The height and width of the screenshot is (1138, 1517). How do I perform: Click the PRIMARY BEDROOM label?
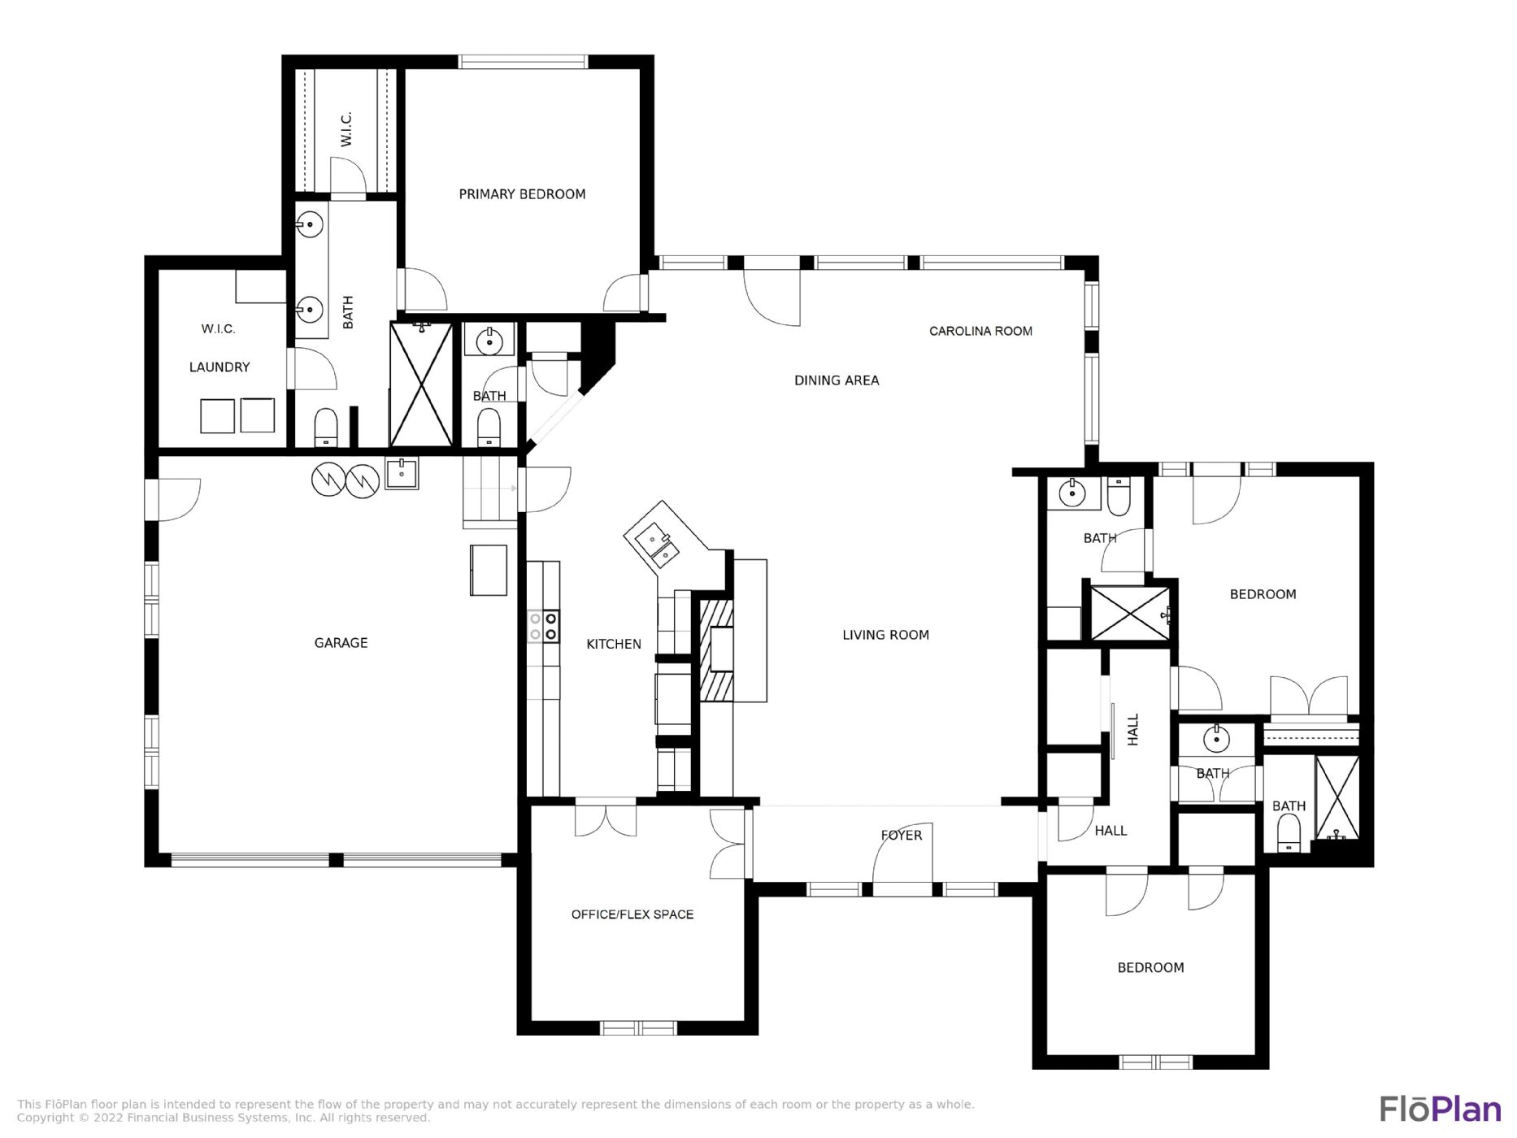click(522, 194)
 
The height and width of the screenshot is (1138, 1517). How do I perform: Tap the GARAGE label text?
click(341, 643)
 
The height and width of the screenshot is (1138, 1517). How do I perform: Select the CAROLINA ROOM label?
click(980, 331)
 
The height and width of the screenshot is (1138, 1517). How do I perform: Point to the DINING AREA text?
click(837, 380)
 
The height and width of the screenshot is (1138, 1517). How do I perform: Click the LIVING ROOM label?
click(885, 635)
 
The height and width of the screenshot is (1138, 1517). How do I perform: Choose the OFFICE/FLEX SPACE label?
click(632, 914)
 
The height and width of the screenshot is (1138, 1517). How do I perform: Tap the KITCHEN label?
click(614, 644)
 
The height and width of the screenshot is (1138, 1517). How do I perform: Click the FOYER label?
click(902, 835)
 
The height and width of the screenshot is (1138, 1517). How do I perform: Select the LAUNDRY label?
click(220, 367)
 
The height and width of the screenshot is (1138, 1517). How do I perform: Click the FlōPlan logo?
click(1440, 1109)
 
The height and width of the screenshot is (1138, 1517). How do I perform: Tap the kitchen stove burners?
click(543, 626)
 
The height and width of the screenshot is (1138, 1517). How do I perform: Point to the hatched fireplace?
click(716, 650)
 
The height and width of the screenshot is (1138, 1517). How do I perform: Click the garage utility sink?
click(402, 473)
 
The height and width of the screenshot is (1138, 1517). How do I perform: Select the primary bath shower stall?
click(421, 384)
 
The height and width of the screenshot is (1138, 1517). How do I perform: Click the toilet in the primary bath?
click(326, 428)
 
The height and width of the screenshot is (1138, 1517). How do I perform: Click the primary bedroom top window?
click(523, 62)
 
